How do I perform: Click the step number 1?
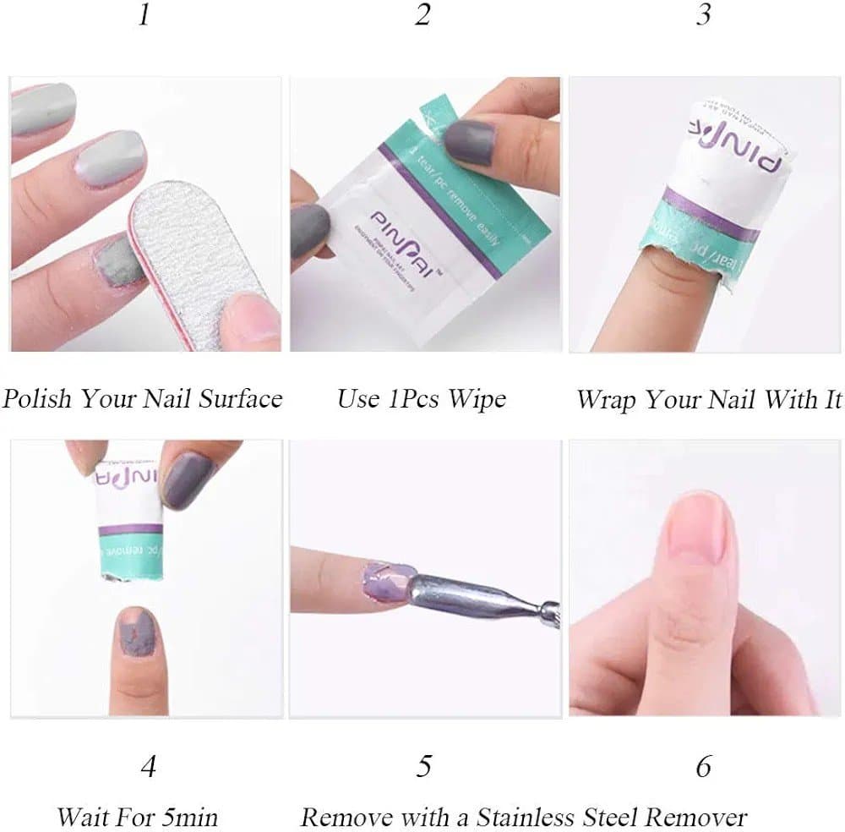click(x=144, y=15)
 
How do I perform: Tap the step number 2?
click(x=423, y=15)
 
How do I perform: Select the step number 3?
click(x=703, y=15)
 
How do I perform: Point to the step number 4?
click(x=149, y=767)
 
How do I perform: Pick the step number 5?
click(x=423, y=767)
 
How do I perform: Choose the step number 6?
click(x=703, y=767)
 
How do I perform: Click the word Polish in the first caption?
click(x=36, y=397)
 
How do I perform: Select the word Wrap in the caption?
click(x=607, y=399)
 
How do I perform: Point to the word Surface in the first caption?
click(x=240, y=397)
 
